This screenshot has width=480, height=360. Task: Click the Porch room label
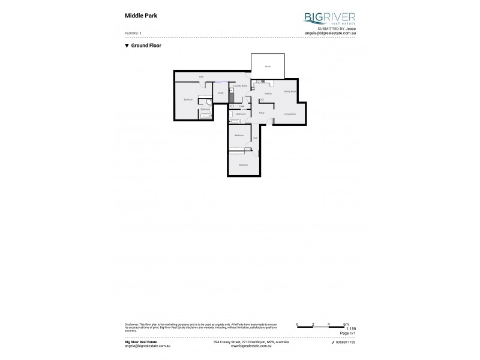[268, 67]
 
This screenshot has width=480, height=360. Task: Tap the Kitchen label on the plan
[268, 94]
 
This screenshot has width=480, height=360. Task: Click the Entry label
[262, 113]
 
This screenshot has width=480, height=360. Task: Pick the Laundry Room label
[241, 86]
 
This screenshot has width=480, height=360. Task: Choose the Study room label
[221, 93]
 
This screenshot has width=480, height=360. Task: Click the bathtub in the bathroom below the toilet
[235, 122]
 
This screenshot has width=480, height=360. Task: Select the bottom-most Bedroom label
[243, 164]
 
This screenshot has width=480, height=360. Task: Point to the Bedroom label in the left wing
[187, 100]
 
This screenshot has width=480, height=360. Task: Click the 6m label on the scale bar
[346, 324]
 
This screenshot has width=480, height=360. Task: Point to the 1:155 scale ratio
[351, 329]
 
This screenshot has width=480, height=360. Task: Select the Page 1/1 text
[349, 333]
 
